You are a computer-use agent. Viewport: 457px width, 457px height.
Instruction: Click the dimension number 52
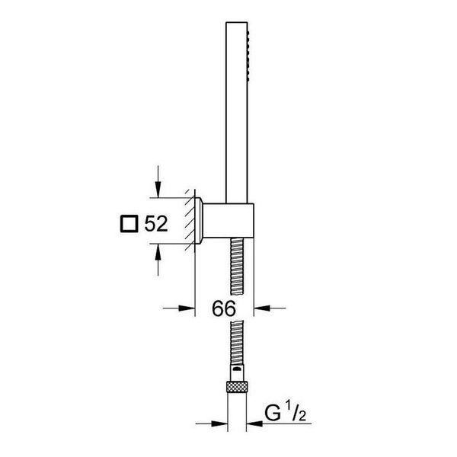[x=156, y=224]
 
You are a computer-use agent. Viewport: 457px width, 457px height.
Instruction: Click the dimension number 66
[x=224, y=308]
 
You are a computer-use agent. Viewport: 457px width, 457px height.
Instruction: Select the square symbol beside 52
[x=129, y=224]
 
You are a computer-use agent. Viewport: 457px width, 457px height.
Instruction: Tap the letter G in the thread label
[x=273, y=413]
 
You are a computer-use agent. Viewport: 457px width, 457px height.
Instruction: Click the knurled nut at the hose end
[x=237, y=386]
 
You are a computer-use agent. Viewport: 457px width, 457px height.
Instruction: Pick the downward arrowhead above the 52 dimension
[x=158, y=189]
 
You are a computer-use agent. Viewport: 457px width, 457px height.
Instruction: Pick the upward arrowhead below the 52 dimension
[x=158, y=252]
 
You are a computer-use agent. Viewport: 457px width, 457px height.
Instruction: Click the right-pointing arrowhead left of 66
[x=187, y=308]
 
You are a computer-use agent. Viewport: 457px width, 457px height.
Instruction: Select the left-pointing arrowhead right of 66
[x=262, y=308]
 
